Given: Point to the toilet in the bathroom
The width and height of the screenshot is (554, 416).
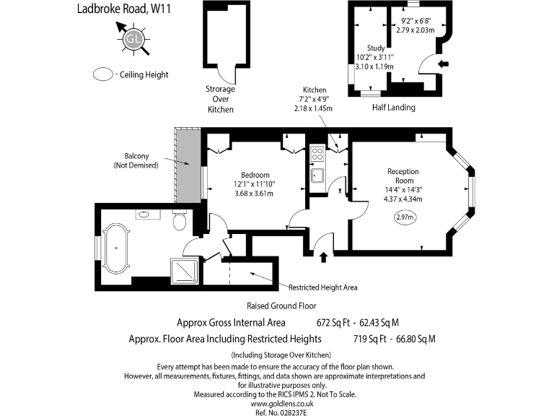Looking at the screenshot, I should click(x=180, y=220).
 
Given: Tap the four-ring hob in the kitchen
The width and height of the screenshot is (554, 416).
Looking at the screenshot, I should click(x=317, y=153).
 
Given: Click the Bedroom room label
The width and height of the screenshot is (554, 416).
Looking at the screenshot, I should click(x=255, y=175).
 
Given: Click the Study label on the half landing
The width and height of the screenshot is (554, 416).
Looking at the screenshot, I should click(x=375, y=48).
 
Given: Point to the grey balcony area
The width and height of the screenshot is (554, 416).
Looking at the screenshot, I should click(x=188, y=166).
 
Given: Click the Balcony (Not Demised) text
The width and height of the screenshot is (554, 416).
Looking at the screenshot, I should click(x=136, y=161).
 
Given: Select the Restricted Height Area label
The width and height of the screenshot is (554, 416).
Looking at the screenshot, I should click(x=322, y=287).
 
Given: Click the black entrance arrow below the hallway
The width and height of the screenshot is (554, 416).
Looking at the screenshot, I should click(x=322, y=256).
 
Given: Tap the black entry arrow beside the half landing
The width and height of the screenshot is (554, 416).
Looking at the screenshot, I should click(x=443, y=64).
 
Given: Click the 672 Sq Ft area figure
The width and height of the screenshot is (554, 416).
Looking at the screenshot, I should click(x=331, y=322).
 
